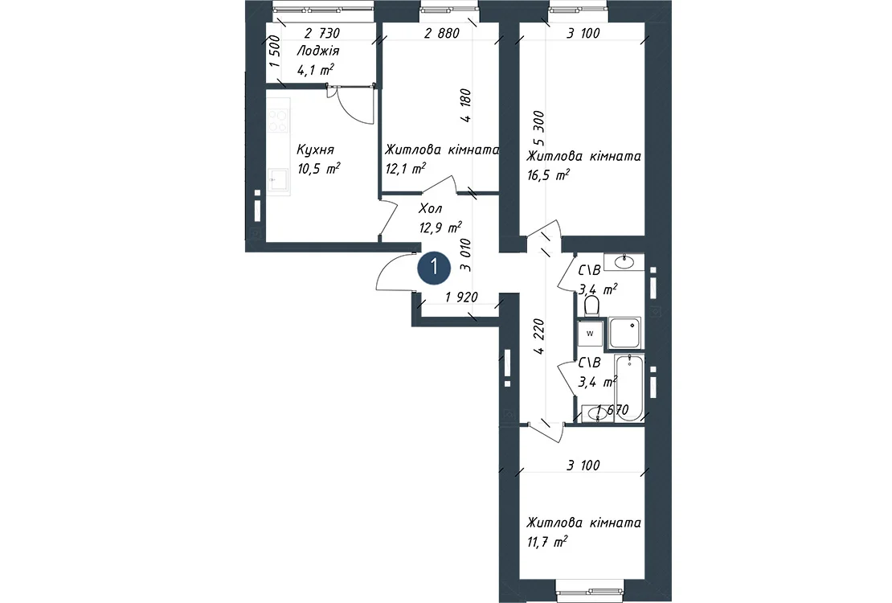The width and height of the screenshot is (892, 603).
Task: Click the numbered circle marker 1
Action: (x=434, y=267)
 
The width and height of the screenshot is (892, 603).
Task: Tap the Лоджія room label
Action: (x=318, y=51)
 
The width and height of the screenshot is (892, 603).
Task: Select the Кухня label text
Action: (x=315, y=150)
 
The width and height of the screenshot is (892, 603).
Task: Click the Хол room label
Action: (x=430, y=208)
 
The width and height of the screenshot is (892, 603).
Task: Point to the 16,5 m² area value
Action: (x=548, y=174)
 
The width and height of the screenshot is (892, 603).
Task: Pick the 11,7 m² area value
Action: (x=547, y=542)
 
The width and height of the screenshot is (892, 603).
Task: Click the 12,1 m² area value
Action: (x=406, y=169)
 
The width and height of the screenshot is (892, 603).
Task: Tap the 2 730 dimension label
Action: (x=322, y=33)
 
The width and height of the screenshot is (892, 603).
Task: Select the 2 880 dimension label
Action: (x=442, y=33)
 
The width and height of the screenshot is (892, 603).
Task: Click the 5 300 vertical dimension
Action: (x=538, y=128)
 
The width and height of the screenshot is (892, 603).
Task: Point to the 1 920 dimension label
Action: (x=461, y=297)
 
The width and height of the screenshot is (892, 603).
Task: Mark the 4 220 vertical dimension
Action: (x=538, y=336)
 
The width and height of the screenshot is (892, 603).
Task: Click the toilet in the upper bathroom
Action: (x=591, y=306)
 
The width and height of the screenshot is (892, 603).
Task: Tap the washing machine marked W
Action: (x=590, y=334)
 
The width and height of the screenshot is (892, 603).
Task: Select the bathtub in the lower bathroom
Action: (x=628, y=388)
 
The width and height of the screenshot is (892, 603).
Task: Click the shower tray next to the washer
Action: (x=625, y=333)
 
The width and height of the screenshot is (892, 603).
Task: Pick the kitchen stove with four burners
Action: (x=278, y=121)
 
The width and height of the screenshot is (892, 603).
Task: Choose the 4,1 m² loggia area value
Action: (x=315, y=70)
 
